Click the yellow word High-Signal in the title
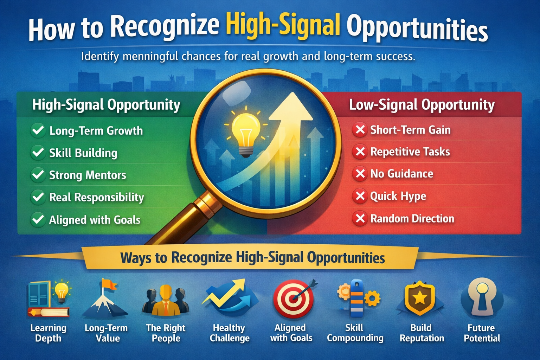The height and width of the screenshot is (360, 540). [x=283, y=26]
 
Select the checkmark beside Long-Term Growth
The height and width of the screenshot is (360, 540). [x=38, y=130]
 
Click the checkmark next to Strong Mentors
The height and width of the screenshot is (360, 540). [x=38, y=175]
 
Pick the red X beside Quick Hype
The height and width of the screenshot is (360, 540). [x=360, y=196]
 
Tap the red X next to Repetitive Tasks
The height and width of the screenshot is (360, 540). [x=360, y=152]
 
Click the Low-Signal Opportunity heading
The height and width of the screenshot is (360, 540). [x=422, y=105]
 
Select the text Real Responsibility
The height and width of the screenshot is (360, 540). [x=97, y=197]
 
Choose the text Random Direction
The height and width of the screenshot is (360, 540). [x=412, y=218]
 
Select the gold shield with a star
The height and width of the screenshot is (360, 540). [x=420, y=298]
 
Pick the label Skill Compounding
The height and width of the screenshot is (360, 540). [x=355, y=333]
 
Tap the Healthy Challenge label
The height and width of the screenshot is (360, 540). [x=230, y=333]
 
